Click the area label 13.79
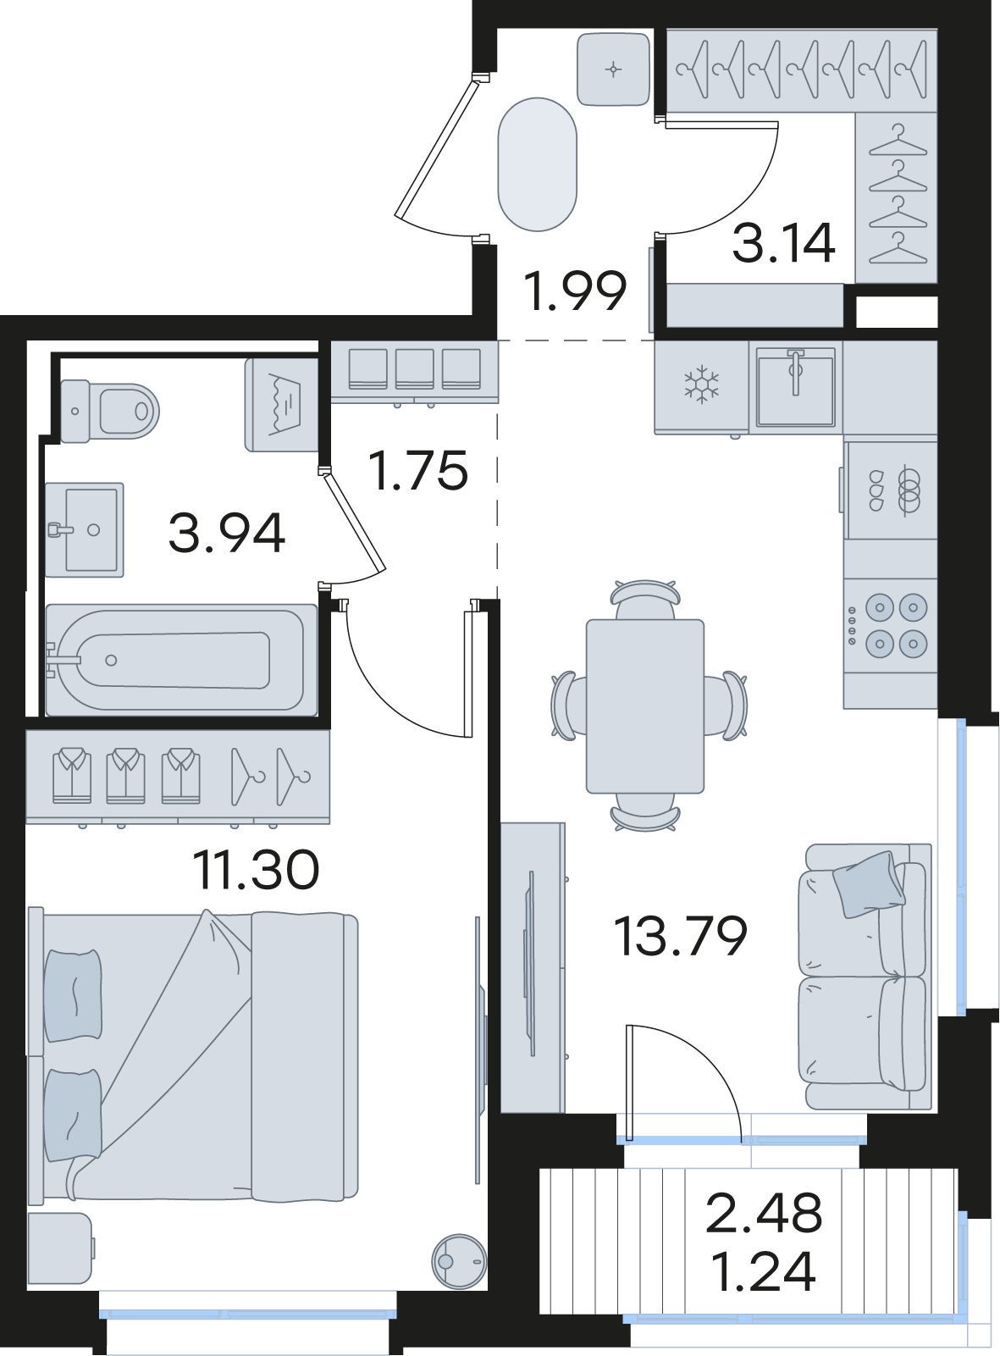coord(681,936)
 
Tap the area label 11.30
coord(256,870)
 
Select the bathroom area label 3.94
coord(226,533)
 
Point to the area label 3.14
coord(783,243)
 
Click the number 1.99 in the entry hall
coord(574,291)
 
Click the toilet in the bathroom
coord(110,411)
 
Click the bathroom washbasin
coord(85,529)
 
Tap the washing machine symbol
coord(282,404)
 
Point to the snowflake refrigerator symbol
coord(702,384)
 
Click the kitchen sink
coord(795,386)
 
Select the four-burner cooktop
coord(891,625)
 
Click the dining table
coord(644,706)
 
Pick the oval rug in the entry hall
coord(537,164)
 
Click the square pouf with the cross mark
coord(614,69)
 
